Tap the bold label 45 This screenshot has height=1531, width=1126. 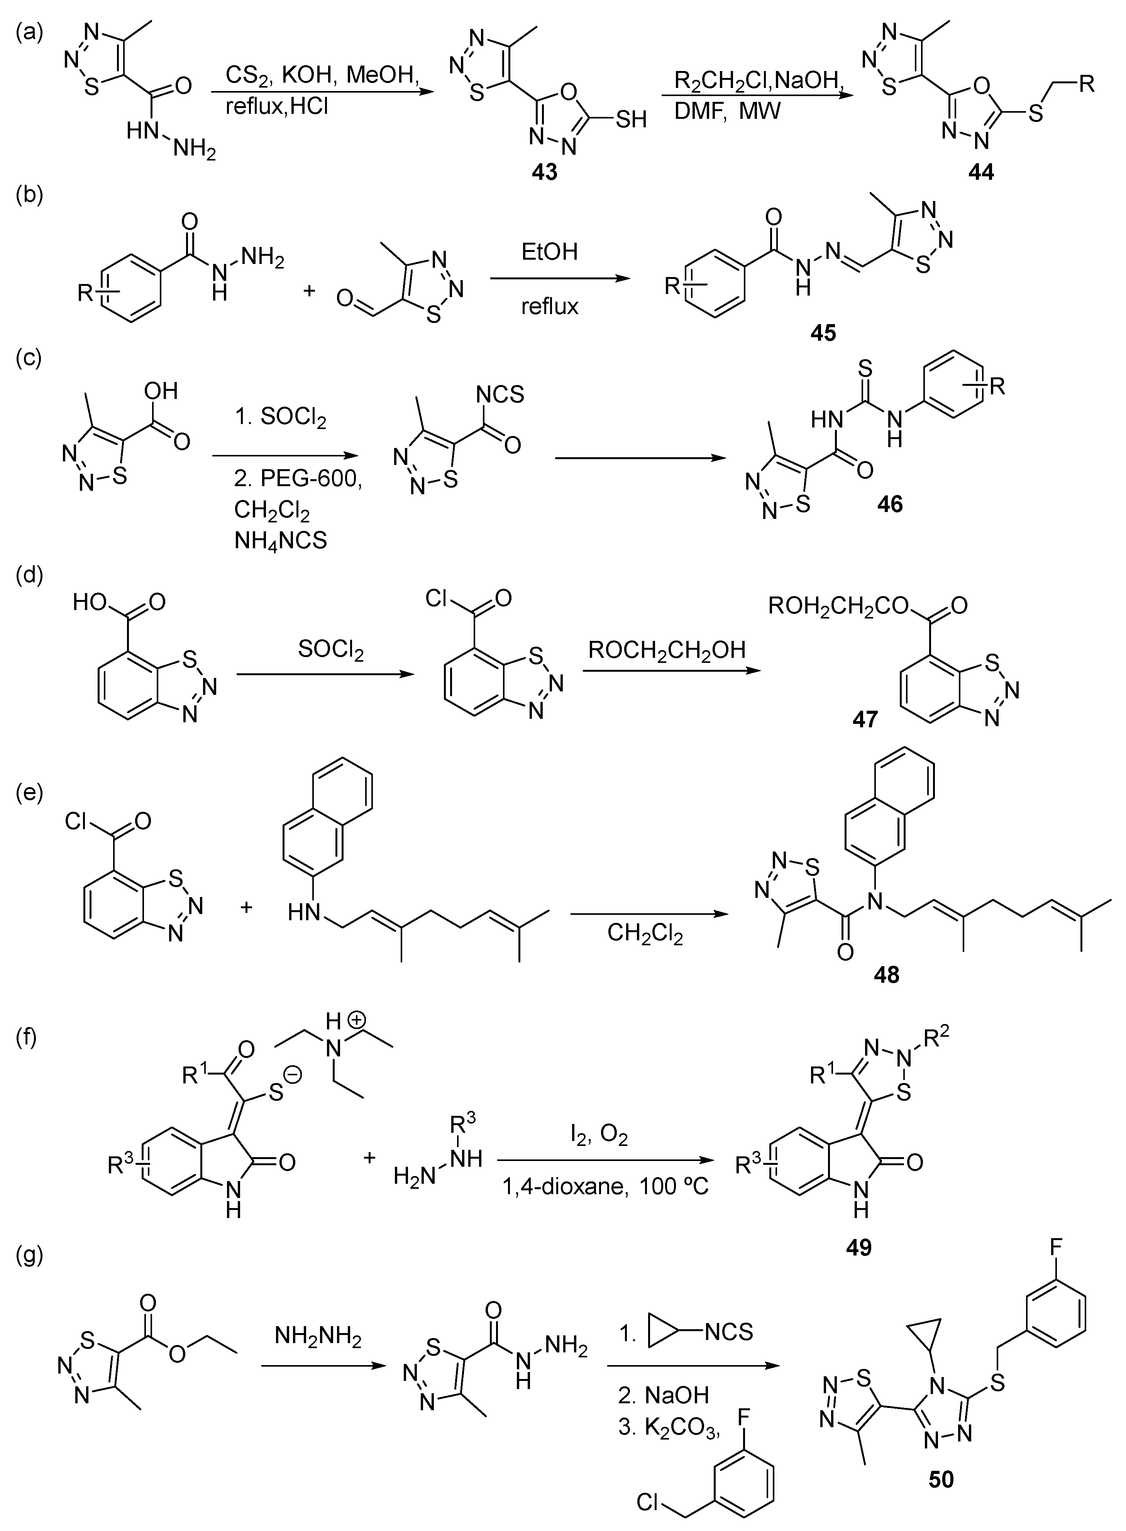coord(823,333)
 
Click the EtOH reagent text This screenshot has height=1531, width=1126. coord(549,252)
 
